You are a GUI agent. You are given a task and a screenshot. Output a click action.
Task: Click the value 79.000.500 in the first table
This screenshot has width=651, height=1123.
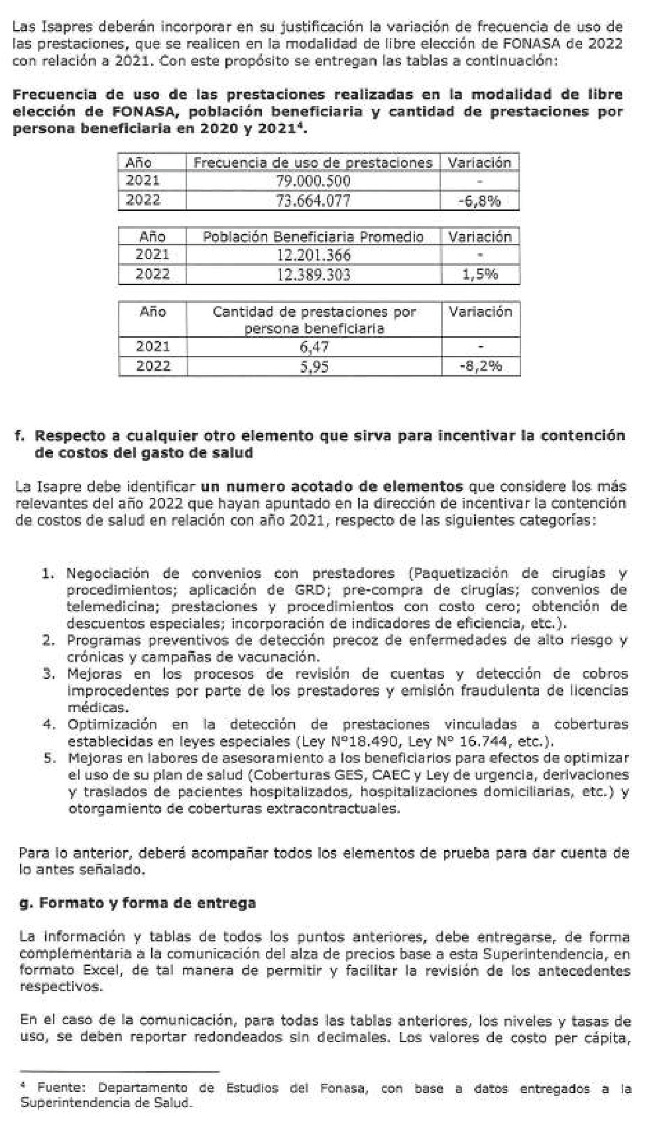pos(313,181)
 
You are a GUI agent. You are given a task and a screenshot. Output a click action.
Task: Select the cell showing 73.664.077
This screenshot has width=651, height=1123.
pos(313,200)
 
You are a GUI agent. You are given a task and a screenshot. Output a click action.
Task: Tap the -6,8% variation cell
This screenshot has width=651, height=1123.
pos(479,201)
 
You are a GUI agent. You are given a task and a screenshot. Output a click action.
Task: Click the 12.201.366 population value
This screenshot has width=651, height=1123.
pos(313,255)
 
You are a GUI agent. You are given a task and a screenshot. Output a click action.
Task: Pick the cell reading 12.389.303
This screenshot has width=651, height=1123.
pos(313,274)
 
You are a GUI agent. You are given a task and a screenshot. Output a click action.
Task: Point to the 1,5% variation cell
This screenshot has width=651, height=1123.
pos(480,274)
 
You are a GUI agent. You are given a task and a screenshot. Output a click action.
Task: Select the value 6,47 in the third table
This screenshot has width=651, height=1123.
pos(314,346)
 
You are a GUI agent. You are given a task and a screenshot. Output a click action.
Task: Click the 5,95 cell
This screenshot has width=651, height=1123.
pos(314,366)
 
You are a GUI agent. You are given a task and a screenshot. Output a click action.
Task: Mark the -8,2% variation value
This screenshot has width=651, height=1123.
pos(481,366)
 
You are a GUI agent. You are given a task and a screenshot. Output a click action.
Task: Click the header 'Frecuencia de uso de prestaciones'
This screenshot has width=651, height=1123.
pos(313,162)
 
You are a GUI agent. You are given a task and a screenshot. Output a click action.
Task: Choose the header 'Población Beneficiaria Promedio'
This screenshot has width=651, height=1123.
pos(313,237)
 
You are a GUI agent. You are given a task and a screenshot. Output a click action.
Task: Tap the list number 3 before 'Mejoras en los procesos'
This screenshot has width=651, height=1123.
pos(48,674)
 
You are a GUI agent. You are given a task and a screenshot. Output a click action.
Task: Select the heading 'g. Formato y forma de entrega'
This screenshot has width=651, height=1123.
pos(137,903)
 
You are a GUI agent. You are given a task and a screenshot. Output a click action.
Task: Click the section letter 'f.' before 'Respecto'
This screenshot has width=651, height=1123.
pos(20,436)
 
